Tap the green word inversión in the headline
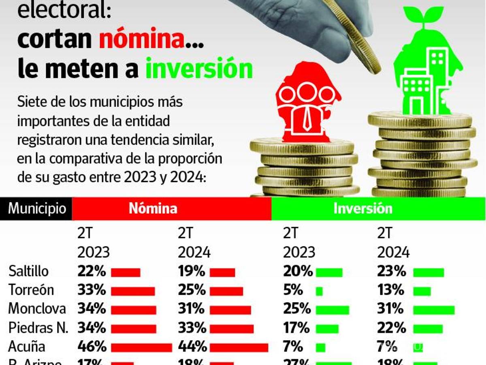pos(199,69)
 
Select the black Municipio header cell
pos(36,208)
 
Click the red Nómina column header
pos(153,208)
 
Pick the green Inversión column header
pos(362,208)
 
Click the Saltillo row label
pos(28,271)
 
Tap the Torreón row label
pos(31,290)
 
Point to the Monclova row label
pos(37,309)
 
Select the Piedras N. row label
pos(38,328)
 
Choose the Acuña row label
pos(27,347)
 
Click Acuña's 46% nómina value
pos(92,347)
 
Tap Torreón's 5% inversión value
pos(293,290)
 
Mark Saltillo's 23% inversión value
pos(391,271)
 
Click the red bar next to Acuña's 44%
pos(239,348)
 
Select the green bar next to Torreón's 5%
pos(319,291)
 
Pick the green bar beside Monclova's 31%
pos(434,310)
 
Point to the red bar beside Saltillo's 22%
pos(126,273)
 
